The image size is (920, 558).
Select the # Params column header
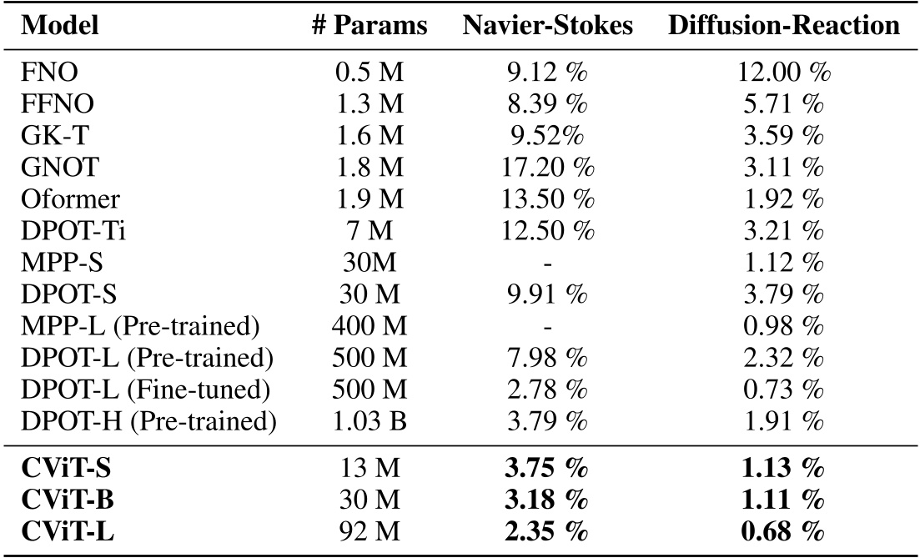(x=370, y=26)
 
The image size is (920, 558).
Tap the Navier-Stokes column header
(x=547, y=26)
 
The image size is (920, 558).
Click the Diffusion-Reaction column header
(x=784, y=26)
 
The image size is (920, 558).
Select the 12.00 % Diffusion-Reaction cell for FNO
(x=784, y=73)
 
